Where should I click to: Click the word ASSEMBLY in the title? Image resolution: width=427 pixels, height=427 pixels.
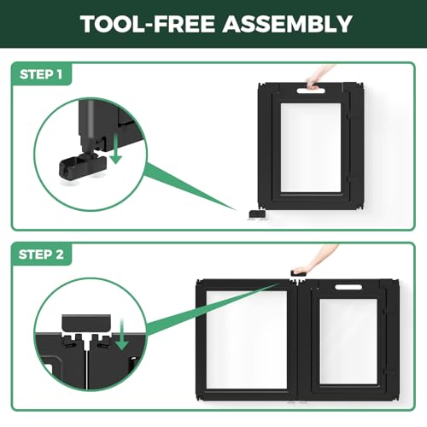(x=288, y=23)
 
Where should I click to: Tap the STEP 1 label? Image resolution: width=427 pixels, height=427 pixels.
(x=41, y=74)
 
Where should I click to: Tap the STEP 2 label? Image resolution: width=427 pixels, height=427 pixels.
(x=41, y=254)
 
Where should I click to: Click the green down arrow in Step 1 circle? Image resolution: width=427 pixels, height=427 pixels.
(x=116, y=149)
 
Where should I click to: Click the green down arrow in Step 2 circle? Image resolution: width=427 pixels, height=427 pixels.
(x=122, y=335)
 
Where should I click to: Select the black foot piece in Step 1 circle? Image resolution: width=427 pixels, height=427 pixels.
(x=83, y=167)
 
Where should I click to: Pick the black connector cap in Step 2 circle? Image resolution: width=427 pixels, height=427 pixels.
(x=86, y=324)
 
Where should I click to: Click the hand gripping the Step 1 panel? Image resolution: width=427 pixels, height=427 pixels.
(x=319, y=78)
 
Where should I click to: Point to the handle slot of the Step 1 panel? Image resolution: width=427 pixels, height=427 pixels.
(x=311, y=91)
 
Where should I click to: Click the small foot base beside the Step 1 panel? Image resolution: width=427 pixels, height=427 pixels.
(x=257, y=214)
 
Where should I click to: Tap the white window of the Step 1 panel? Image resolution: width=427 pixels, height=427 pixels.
(x=311, y=148)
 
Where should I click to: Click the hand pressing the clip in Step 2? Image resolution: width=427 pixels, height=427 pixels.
(x=314, y=260)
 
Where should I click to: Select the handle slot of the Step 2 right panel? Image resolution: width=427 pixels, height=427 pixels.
(x=348, y=287)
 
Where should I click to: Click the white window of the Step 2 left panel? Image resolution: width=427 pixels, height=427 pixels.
(x=247, y=340)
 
